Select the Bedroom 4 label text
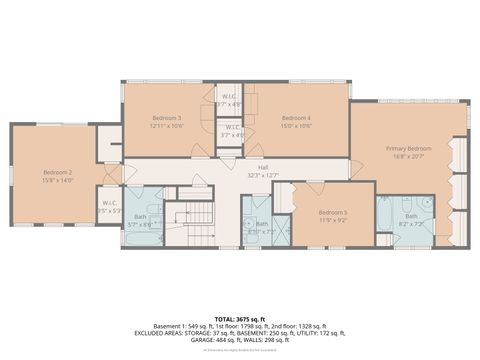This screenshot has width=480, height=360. (x=297, y=118)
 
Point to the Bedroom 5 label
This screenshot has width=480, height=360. (x=333, y=212)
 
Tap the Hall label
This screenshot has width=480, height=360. (x=263, y=167)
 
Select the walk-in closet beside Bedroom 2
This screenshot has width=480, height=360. (x=109, y=208)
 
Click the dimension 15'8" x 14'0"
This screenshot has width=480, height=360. (x=58, y=180)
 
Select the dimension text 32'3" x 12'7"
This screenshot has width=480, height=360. (x=263, y=176)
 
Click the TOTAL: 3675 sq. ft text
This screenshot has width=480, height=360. (x=240, y=318)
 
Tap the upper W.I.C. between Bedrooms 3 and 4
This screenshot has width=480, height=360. (x=229, y=99)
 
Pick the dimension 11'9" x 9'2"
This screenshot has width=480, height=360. (x=333, y=221)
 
